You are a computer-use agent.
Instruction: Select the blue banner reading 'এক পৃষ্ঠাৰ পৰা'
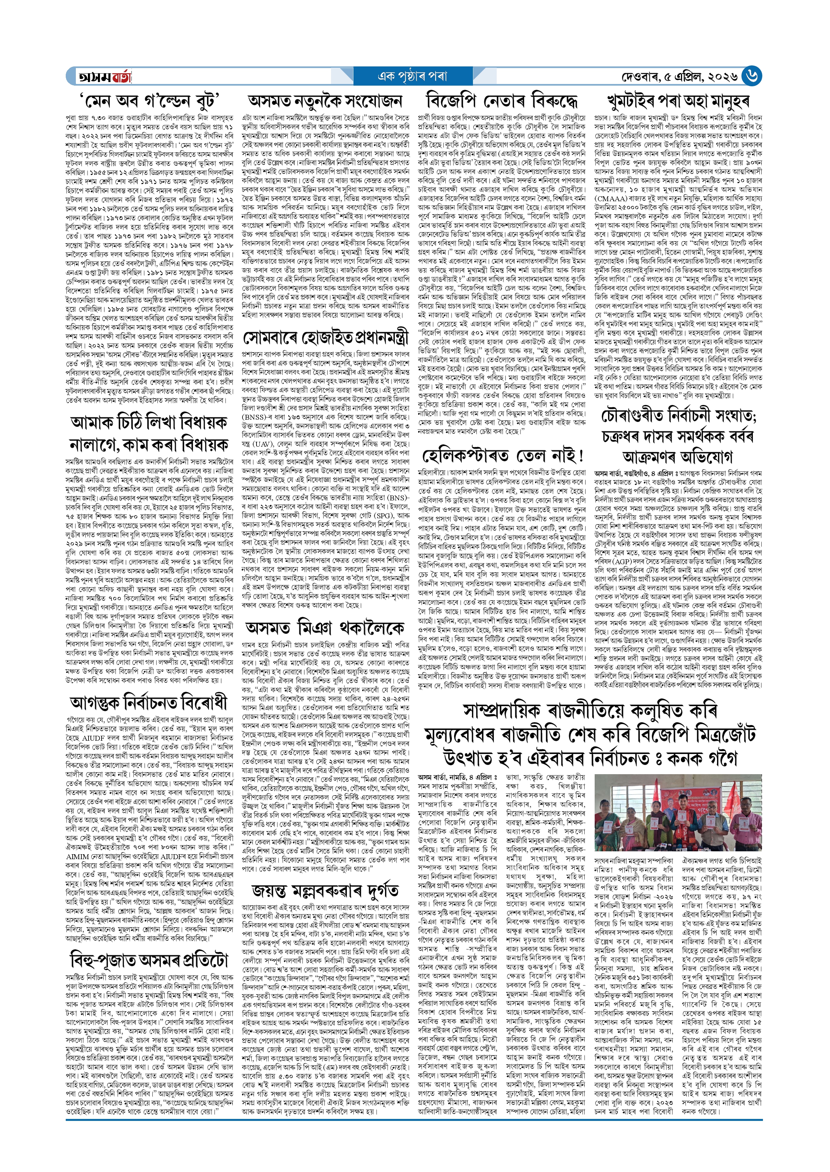pos(412,77)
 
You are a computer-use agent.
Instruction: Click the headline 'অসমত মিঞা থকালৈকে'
pos(325,628)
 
